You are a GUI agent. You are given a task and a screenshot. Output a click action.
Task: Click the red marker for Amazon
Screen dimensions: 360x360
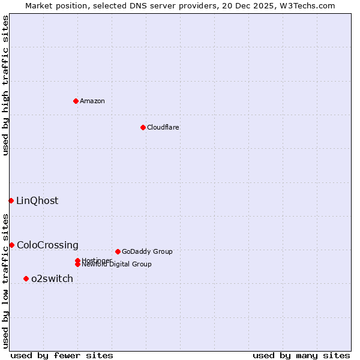76,101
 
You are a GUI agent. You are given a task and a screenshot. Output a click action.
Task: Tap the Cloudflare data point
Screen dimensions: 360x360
143,127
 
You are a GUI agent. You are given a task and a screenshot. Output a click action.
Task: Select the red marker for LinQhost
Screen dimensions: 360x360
11,200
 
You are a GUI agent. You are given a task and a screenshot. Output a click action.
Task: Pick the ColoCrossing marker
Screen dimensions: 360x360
11,245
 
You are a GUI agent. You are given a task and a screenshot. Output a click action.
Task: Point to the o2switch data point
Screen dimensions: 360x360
26,278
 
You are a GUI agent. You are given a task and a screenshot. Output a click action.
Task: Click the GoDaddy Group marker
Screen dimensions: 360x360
118,251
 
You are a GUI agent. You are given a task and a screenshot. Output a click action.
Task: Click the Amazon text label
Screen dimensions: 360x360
92,101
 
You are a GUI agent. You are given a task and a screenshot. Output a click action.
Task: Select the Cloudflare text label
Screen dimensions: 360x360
163,127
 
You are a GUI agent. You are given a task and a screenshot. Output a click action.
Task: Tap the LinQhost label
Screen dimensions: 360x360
37,201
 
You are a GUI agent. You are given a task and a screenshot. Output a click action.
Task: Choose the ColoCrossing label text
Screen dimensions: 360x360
47,245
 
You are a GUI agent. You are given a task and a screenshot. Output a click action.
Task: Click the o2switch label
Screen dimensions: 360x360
52,279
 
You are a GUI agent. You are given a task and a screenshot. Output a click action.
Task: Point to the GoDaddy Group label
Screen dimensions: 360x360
147,252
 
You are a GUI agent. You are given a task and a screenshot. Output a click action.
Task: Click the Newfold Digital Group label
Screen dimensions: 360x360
116,265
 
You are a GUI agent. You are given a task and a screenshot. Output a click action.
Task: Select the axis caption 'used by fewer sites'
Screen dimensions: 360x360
62,356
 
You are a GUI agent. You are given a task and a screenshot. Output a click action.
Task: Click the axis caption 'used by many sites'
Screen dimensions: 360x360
301,356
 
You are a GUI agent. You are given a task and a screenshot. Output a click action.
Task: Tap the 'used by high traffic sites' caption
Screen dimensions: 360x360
6,85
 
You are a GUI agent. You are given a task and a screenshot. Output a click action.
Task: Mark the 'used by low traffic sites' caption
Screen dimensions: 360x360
6,281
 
